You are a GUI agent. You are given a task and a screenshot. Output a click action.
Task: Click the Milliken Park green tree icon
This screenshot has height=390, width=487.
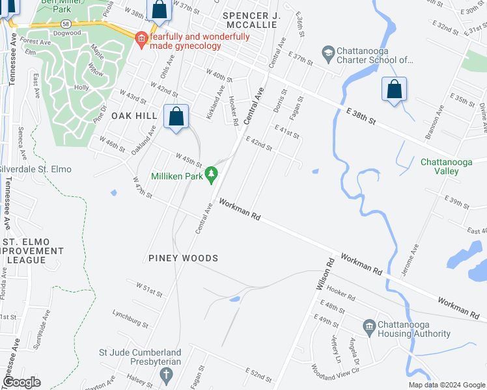coord(211,174)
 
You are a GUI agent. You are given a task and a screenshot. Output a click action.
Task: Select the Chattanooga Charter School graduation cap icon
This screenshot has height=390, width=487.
coord(328,52)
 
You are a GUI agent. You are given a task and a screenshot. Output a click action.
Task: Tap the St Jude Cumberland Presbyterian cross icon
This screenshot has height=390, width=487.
coord(166,375)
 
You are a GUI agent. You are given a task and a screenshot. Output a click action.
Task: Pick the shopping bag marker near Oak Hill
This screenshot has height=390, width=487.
coord(176,117)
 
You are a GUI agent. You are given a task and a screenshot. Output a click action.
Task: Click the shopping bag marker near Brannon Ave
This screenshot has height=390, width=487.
coord(394,90)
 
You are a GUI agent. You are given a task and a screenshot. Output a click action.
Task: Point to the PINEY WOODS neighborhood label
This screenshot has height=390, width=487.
coord(182,258)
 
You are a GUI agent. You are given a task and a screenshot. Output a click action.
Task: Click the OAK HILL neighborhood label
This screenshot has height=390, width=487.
coord(134,115)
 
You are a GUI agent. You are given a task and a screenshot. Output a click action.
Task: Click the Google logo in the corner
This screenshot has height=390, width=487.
coord(22,382)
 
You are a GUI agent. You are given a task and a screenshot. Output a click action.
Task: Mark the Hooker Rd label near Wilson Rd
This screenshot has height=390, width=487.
coord(341,295)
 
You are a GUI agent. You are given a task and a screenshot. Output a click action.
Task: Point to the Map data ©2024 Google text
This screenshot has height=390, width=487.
coord(446,385)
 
